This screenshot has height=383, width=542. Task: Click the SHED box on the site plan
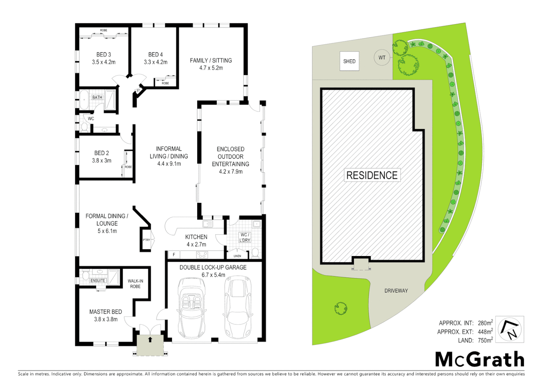point(349,61)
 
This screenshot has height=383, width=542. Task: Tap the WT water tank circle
point(382,57)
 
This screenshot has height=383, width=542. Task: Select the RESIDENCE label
point(372,175)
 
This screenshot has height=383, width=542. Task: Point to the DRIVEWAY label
point(396,290)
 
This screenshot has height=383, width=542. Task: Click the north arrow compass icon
point(510,329)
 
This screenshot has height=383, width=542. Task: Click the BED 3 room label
point(104,55)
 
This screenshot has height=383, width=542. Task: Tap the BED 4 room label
point(155,55)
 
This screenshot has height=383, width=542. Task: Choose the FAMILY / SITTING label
point(211,61)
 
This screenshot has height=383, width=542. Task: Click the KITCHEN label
point(196,237)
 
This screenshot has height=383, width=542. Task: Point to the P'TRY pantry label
point(146,240)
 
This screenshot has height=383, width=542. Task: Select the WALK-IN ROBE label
point(135,284)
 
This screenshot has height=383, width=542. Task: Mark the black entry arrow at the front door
point(150,339)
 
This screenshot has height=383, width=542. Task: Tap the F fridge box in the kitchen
point(174,255)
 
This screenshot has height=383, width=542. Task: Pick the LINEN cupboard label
point(237,256)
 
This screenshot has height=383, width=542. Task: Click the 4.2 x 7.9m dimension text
point(231,172)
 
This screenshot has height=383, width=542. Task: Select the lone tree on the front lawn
point(341,308)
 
